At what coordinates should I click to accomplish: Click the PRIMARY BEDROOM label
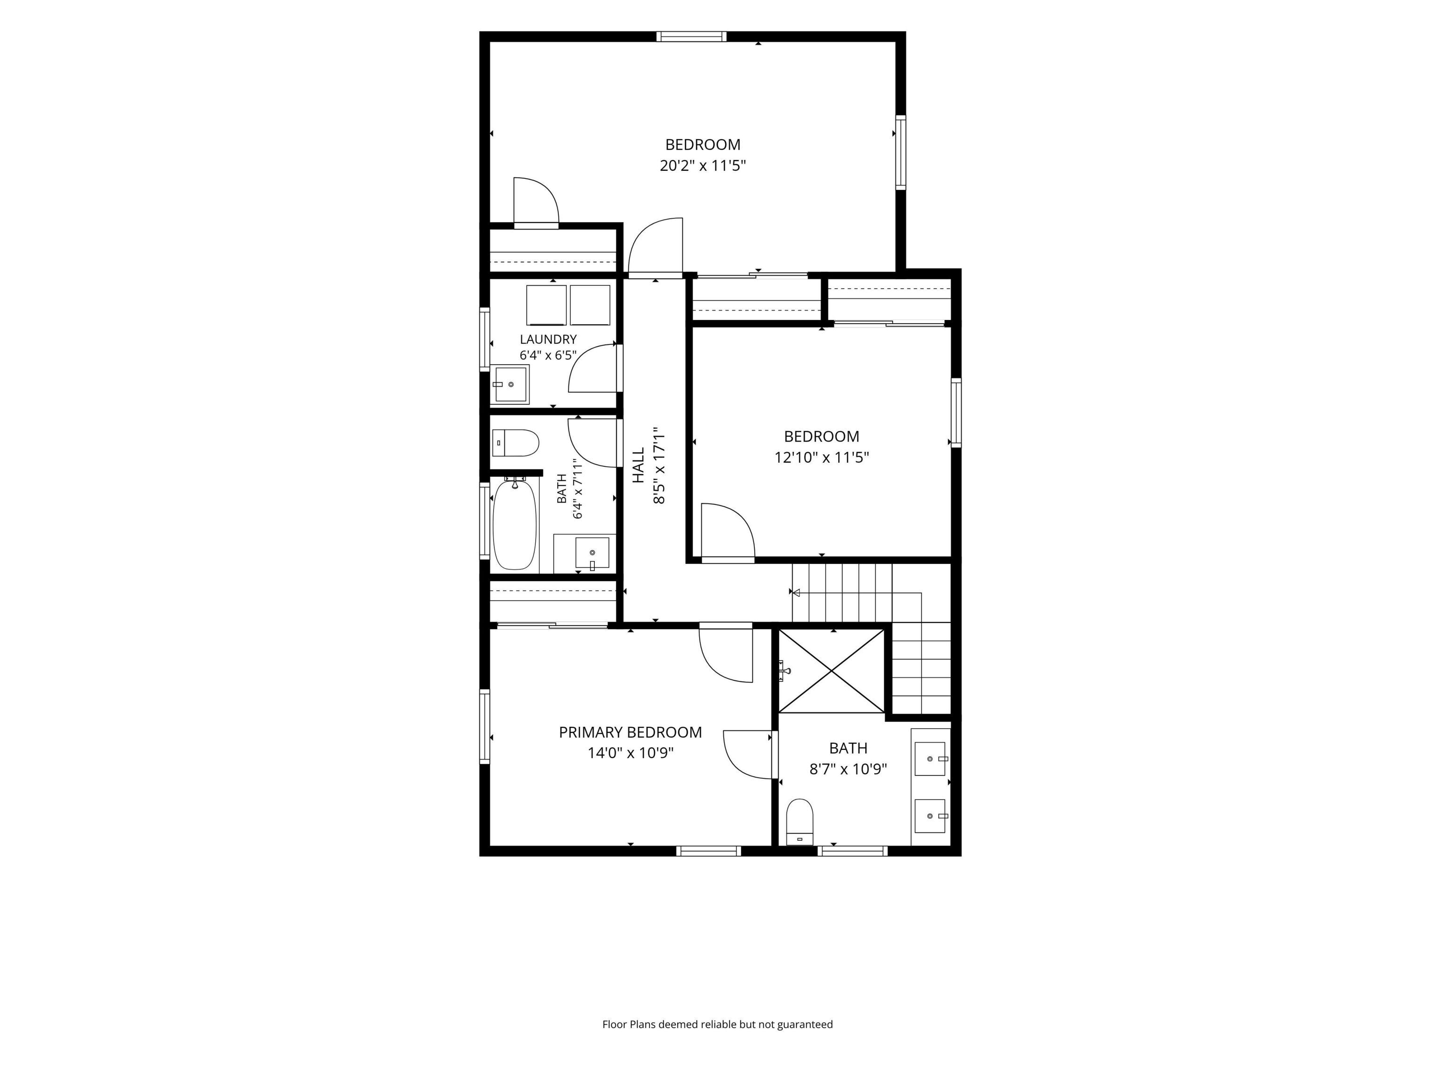point(630,732)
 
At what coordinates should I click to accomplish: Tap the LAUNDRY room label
point(548,340)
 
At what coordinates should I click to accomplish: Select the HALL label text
point(638,464)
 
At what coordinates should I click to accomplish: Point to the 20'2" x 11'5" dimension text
point(702,166)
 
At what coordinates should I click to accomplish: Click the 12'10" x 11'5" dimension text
point(821,457)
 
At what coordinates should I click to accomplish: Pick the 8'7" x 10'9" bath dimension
point(848,769)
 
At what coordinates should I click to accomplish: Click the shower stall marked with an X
point(832,671)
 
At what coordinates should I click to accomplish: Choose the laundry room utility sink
point(509,384)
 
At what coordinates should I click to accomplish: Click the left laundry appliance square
point(546,305)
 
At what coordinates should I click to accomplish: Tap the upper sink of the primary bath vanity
point(930,759)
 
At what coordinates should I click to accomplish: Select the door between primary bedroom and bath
point(748,754)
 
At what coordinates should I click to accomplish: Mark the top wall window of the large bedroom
point(691,37)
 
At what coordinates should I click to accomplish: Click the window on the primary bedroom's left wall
point(485,726)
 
